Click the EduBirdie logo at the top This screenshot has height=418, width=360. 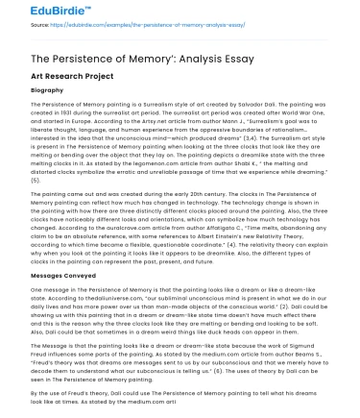[x=35, y=11]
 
